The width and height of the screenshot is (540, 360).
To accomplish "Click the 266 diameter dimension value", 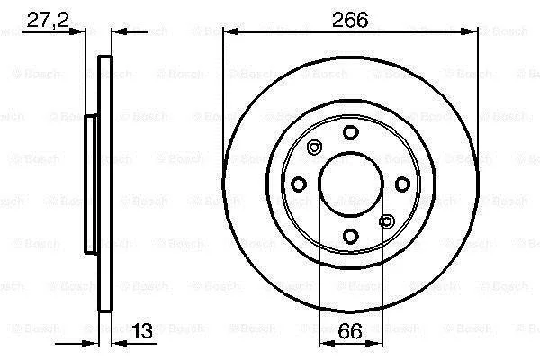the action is click(x=350, y=20).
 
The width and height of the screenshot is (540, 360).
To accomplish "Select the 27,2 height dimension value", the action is click(x=48, y=20).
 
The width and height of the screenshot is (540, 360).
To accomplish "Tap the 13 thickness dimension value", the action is click(x=142, y=331).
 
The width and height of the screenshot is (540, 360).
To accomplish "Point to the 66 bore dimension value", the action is click(x=350, y=331).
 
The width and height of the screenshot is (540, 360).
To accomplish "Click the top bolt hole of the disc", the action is click(x=351, y=132).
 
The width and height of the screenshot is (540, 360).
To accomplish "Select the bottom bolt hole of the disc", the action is click(x=351, y=237).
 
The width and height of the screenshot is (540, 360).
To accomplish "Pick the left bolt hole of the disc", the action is click(x=299, y=184).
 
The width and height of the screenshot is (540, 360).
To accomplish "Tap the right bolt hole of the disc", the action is click(x=402, y=184).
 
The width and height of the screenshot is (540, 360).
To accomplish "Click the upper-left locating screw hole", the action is click(x=314, y=148).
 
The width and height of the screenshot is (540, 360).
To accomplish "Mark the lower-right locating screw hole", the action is click(x=387, y=221).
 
